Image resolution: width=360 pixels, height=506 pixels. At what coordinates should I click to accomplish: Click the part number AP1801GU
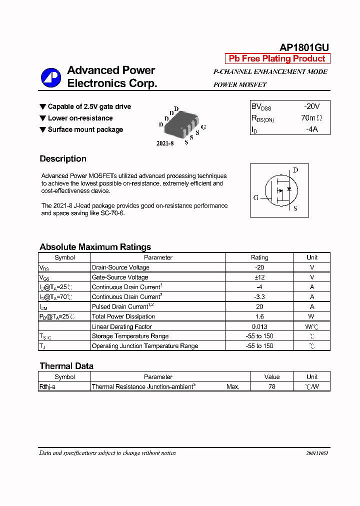click(x=303, y=47)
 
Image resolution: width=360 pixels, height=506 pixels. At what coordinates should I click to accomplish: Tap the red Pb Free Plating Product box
click(x=277, y=59)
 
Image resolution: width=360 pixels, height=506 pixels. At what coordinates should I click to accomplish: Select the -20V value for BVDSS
click(x=311, y=106)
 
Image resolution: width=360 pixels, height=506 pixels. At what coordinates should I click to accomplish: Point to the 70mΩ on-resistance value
click(x=311, y=118)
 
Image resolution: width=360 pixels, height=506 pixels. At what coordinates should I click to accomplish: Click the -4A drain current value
click(x=311, y=129)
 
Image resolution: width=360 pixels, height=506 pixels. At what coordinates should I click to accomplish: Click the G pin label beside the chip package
click(x=203, y=127)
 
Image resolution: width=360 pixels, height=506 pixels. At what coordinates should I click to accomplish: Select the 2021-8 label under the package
click(x=165, y=143)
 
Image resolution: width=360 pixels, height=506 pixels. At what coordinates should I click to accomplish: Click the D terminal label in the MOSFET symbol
click(x=295, y=170)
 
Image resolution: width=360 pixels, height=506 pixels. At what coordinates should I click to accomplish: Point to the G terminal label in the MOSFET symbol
click(x=256, y=197)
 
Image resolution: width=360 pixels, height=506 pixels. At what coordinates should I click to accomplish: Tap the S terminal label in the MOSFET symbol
click(x=295, y=208)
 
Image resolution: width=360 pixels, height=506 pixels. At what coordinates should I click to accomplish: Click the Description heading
click(x=63, y=159)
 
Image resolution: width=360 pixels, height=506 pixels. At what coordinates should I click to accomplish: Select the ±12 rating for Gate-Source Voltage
click(x=259, y=277)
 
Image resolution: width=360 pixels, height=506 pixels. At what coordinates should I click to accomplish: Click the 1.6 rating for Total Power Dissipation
click(x=259, y=316)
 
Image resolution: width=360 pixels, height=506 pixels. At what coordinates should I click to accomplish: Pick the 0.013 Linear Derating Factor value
click(x=259, y=326)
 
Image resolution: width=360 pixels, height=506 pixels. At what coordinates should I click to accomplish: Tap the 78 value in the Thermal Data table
click(x=271, y=386)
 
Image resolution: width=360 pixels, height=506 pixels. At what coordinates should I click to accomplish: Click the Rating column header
click(x=259, y=257)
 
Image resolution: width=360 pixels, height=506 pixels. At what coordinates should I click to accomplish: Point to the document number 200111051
click(x=317, y=453)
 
